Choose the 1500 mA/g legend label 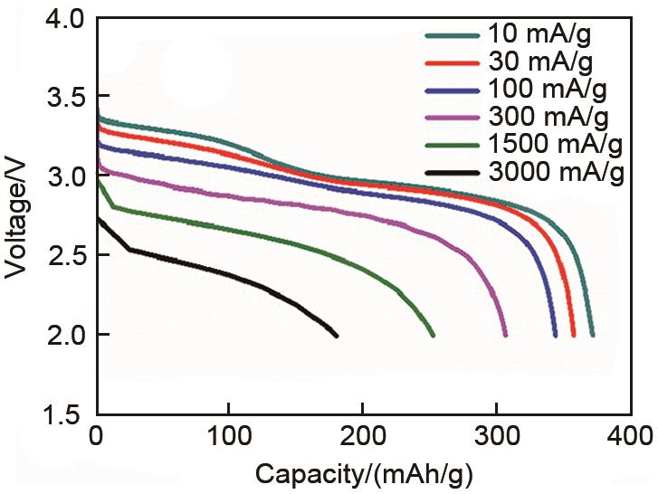tap(553, 145)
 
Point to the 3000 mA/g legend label tap(553, 172)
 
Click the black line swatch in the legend tap(453, 172)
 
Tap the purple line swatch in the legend tap(453, 118)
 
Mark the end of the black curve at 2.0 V tap(337, 336)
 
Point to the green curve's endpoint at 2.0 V tap(434, 336)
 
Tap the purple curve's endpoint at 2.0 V tap(505, 336)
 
